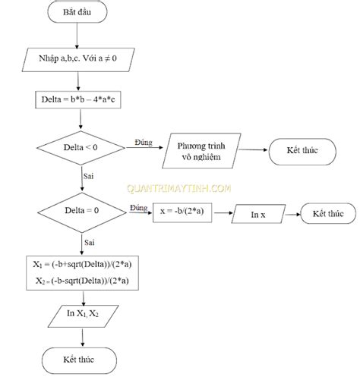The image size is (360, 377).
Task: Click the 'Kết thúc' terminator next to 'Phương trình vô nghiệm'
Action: pyautogui.click(x=303, y=151)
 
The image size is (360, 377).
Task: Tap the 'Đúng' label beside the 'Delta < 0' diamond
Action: pyautogui.click(x=143, y=142)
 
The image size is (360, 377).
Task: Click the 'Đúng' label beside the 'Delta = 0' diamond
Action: pyautogui.click(x=138, y=207)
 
